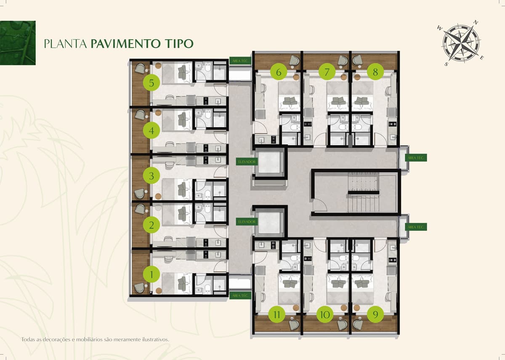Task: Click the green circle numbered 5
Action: (151, 83)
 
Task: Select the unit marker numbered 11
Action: (277, 315)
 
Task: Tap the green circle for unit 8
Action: (375, 72)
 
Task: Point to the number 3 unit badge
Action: (151, 175)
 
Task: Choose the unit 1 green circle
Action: (151, 274)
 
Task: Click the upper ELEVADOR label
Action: (247, 162)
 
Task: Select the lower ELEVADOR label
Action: (247, 222)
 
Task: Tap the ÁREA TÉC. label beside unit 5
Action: (240, 61)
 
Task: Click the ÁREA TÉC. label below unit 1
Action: (240, 295)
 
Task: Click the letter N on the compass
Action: (476, 29)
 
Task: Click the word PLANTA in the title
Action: (65, 43)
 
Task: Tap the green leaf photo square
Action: (18, 43)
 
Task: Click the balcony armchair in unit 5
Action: (140, 69)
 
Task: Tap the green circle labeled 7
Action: (327, 72)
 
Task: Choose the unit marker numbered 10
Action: (325, 315)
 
